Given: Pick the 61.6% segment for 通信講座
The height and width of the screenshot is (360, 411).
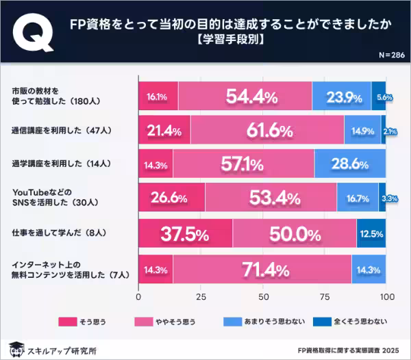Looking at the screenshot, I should tap(267, 130).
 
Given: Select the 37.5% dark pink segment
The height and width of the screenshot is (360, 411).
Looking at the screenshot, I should tap(185, 234).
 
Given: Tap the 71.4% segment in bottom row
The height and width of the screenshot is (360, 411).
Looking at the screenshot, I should tap(262, 269).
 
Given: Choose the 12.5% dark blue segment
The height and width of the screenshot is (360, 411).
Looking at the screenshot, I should tap(371, 234).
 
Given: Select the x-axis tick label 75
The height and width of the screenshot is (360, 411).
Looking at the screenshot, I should tap(325, 298).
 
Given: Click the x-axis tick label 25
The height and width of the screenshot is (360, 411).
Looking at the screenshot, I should tap(201, 298).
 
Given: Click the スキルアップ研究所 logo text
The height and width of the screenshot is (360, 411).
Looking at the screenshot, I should tap(61, 349).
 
